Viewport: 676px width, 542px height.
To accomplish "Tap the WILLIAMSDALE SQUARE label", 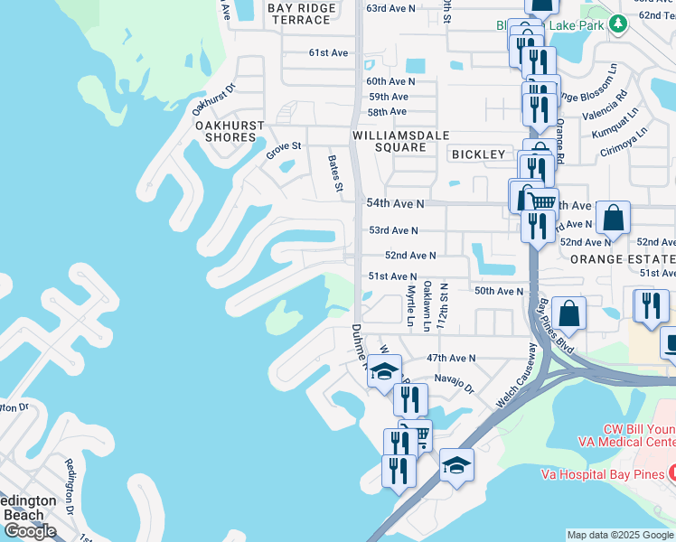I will pyautogui.click(x=389, y=140).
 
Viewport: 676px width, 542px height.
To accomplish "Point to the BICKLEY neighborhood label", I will pyautogui.click(x=478, y=154).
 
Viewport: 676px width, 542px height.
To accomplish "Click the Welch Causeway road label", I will pyautogui.click(x=516, y=377).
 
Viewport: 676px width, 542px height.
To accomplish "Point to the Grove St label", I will pyautogui.click(x=283, y=151).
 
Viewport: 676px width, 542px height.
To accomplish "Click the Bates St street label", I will pyautogui.click(x=334, y=173).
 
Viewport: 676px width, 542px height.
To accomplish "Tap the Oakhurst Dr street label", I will pyautogui.click(x=213, y=98).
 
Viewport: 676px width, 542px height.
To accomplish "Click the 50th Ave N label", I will pyautogui.click(x=499, y=291).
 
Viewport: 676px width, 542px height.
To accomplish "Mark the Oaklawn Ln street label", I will pyautogui.click(x=427, y=306).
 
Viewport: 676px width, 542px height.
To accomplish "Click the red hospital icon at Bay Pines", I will pyautogui.click(x=671, y=474).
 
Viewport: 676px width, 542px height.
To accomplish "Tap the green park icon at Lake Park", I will pyautogui.click(x=618, y=24).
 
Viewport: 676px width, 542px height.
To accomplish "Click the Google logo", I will pyautogui.click(x=30, y=531).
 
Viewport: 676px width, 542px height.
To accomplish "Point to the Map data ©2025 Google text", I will pyautogui.click(x=620, y=535).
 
